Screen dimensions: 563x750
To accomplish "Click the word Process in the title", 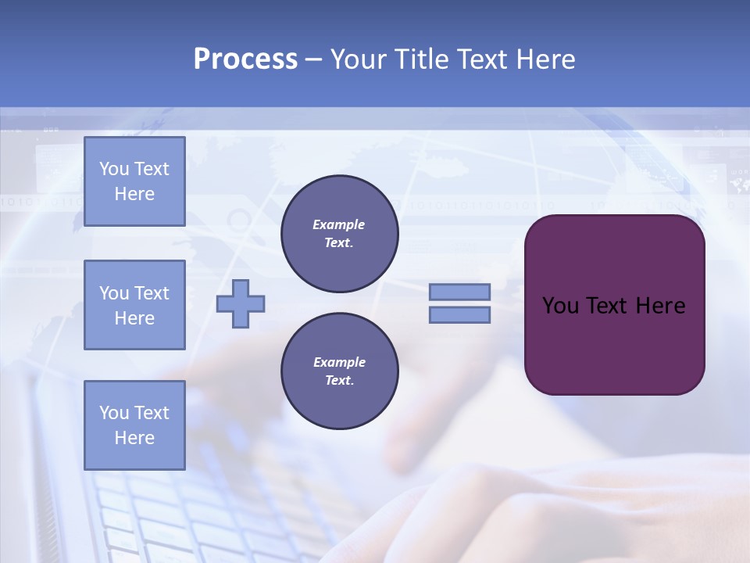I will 245,59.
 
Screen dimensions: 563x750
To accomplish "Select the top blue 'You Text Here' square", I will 134,181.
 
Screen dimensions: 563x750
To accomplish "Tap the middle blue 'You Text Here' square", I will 134,305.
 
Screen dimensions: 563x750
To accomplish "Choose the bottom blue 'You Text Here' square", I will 134,425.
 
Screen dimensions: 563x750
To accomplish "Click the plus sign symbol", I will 241,303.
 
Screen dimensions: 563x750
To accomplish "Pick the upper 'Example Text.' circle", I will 339,234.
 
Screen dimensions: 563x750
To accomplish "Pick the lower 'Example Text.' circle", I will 339,371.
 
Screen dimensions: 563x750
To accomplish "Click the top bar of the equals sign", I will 459,292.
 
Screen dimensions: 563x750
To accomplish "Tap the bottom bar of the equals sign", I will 459,315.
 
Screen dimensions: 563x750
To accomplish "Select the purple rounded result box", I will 614,305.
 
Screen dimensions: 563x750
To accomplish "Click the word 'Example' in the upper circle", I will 338,224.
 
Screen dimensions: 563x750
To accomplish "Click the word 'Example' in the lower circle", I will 338,362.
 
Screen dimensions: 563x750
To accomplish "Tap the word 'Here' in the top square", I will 134,194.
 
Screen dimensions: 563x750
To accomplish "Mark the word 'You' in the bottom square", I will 114,413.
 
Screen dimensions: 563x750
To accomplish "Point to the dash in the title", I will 314,59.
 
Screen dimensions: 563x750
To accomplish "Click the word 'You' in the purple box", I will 560,306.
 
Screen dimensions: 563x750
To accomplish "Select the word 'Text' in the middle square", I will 151,293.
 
